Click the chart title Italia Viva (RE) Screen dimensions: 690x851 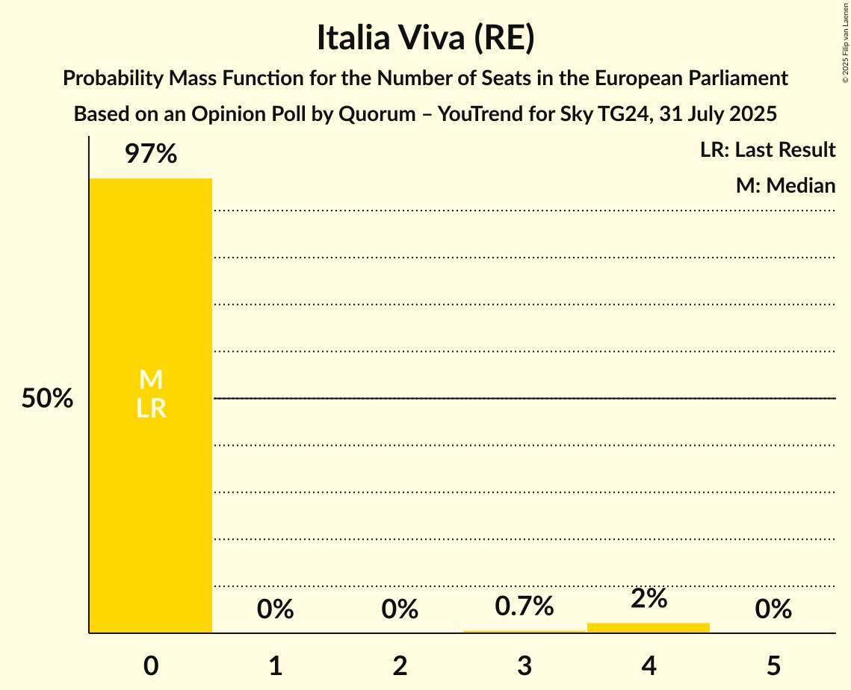coord(425,39)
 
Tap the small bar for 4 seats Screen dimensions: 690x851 coord(649,628)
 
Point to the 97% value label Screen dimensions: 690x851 coord(151,155)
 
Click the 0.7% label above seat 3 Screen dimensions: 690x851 coord(524,606)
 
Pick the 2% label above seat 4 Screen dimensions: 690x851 coord(649,599)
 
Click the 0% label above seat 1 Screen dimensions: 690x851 coord(275,609)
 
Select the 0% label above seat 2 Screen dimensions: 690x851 coord(400,609)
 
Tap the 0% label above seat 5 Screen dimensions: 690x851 coord(773,609)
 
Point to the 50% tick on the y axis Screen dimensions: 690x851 coord(47,399)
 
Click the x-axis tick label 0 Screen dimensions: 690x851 coord(151,665)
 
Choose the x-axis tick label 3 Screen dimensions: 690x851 coord(524,665)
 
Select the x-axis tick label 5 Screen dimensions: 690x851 coord(773,665)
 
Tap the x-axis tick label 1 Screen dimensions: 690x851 coord(275,665)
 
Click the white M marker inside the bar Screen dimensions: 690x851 coord(151,381)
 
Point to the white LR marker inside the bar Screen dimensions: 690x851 coord(151,408)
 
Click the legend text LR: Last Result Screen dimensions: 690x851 coord(767,150)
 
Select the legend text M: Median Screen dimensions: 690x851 coord(785,185)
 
